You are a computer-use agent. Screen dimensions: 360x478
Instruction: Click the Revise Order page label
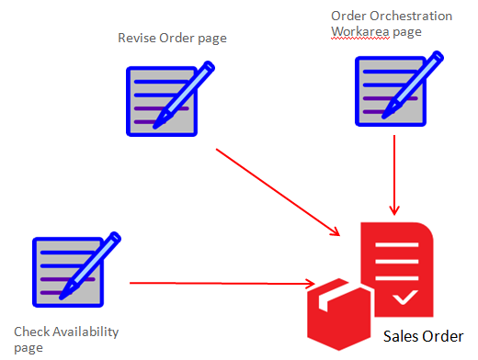(x=172, y=38)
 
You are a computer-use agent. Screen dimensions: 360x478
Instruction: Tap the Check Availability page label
(x=66, y=339)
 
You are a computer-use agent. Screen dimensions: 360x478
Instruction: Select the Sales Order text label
(x=423, y=336)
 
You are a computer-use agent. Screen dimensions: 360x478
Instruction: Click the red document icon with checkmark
(x=397, y=264)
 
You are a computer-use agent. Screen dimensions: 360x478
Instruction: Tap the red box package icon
(x=337, y=308)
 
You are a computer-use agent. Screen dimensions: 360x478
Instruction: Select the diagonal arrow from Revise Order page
(x=276, y=189)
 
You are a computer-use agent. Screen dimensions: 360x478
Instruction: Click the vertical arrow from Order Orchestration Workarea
(x=394, y=174)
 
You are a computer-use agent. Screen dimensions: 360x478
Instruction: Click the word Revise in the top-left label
(x=134, y=38)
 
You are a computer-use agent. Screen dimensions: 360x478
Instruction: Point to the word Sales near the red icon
(x=400, y=336)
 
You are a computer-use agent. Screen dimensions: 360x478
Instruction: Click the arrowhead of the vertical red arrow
(x=394, y=210)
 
